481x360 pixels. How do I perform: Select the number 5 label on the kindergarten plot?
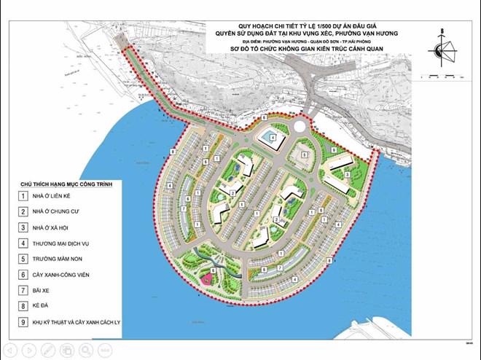point(305,155)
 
